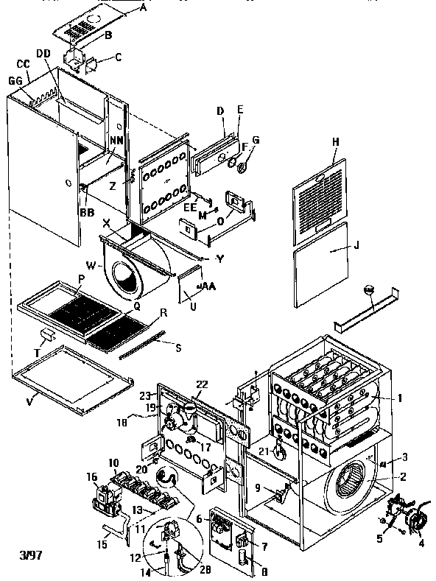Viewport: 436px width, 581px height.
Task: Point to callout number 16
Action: click(91, 477)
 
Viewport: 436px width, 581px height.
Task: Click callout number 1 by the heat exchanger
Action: click(399, 398)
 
